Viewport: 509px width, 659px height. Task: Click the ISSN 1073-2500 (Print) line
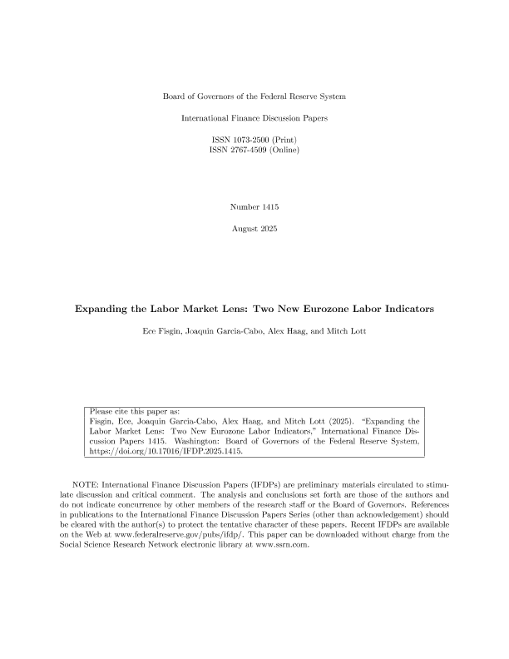tap(254, 139)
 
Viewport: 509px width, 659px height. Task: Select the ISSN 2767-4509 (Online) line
tap(254, 151)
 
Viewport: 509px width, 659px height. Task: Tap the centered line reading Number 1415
tap(254, 206)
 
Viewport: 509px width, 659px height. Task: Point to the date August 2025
tap(254, 228)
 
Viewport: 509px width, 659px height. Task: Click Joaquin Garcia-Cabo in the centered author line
tap(235, 332)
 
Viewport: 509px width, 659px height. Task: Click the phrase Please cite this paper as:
tap(134, 412)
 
